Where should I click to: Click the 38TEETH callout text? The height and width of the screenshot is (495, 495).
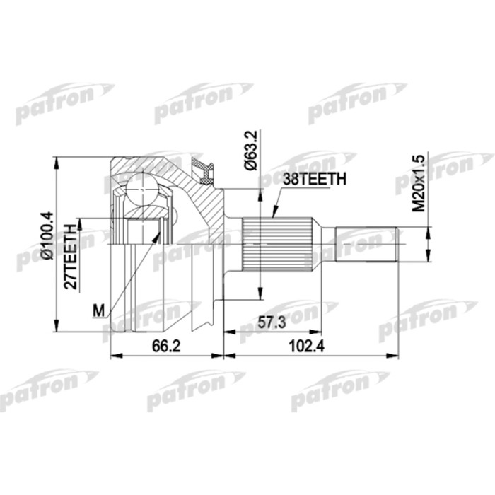(314, 180)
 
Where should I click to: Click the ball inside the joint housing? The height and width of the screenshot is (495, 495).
(141, 190)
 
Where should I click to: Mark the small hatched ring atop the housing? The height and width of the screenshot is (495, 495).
(206, 170)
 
